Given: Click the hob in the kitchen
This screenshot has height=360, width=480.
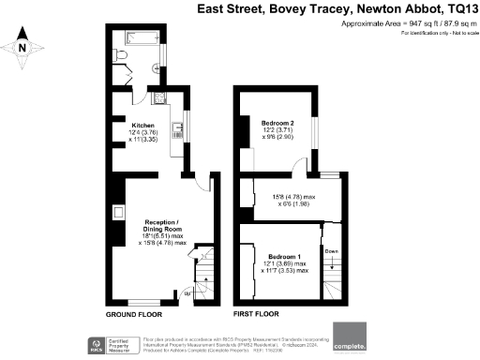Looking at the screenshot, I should (x=157, y=97).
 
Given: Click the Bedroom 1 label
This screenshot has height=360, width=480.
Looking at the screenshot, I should (x=284, y=256).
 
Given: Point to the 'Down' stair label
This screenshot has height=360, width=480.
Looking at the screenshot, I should (x=329, y=251).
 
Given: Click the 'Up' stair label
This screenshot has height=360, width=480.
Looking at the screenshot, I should (x=187, y=294).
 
